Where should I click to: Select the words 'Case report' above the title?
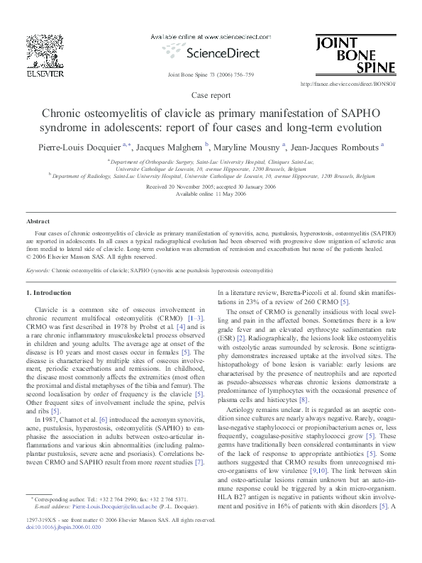pos(211,94)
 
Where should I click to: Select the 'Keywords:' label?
pos(38,271)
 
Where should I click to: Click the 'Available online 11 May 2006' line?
pos(211,193)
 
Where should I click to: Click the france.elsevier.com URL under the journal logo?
pos(348,84)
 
